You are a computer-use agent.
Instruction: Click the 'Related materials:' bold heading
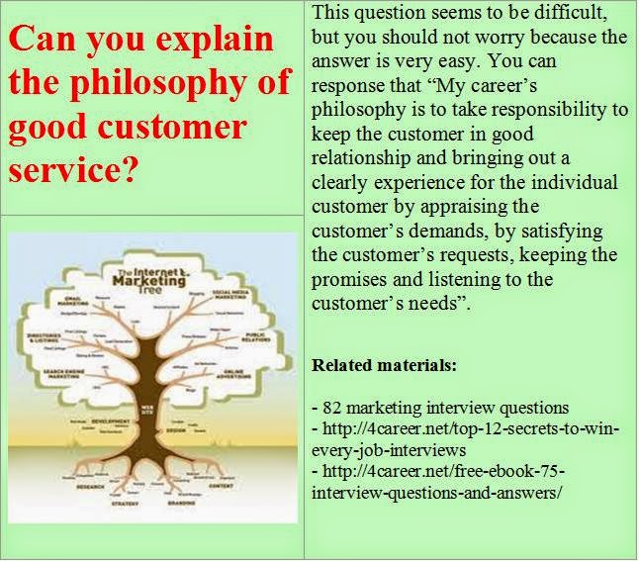click(384, 365)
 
